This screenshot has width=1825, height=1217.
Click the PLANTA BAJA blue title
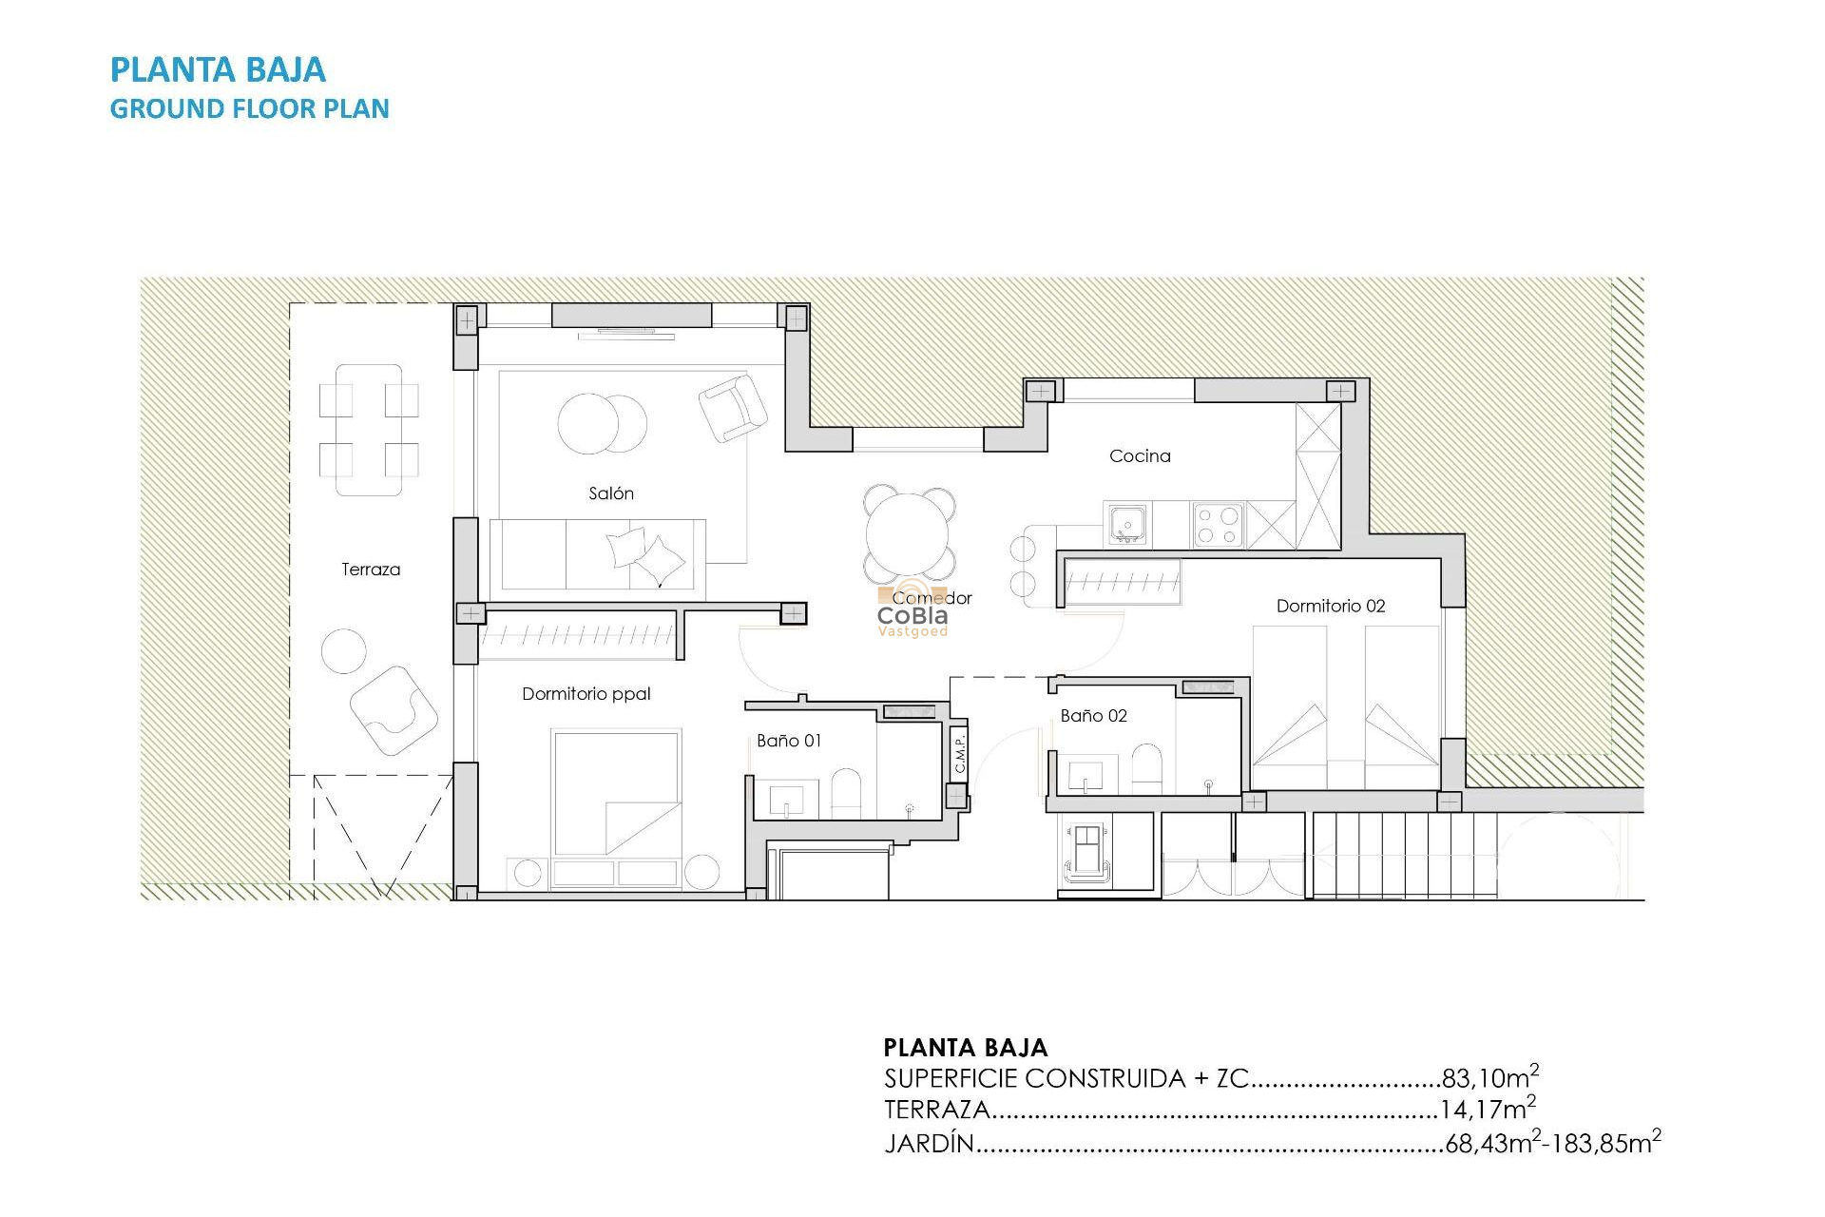(x=218, y=69)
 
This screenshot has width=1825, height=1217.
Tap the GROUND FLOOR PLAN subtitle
(x=249, y=109)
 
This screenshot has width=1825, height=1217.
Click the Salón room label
(x=610, y=493)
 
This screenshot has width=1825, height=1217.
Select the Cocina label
(x=1140, y=456)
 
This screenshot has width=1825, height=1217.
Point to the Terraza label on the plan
(x=371, y=570)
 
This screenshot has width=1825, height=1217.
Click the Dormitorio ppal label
(x=586, y=694)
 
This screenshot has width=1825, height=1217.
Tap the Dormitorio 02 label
(x=1330, y=606)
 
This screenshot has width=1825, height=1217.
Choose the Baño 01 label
(x=789, y=741)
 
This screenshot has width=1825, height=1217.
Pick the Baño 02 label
(x=1093, y=716)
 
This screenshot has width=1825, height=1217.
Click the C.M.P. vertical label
(x=960, y=753)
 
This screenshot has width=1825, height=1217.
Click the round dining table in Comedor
(x=909, y=534)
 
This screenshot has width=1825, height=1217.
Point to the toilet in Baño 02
(x=1147, y=767)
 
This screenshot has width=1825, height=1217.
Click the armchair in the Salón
(x=732, y=408)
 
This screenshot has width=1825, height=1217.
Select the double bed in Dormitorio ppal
(x=616, y=794)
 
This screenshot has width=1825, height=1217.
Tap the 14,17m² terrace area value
(x=1487, y=1110)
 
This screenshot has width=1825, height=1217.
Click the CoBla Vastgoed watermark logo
(x=912, y=616)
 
